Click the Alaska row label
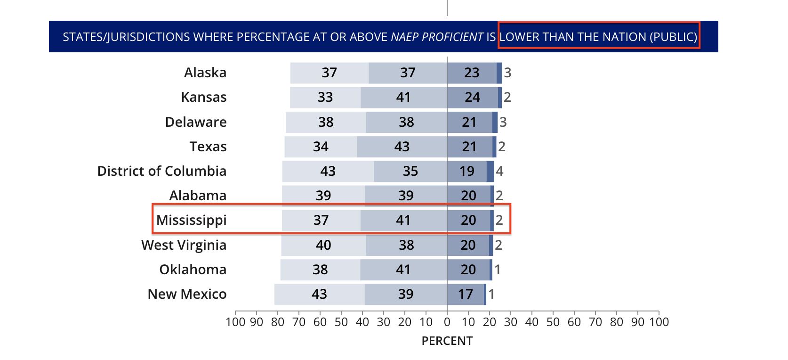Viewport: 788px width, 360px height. click(x=205, y=73)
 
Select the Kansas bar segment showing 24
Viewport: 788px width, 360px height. click(x=472, y=97)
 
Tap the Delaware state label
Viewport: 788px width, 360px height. click(x=196, y=122)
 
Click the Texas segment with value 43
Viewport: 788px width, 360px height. click(x=402, y=147)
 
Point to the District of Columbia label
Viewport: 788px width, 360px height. click(x=161, y=171)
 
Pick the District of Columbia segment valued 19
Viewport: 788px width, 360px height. click(x=466, y=171)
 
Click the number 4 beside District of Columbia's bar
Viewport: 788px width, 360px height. click(x=499, y=171)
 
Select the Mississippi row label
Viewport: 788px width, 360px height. click(x=191, y=220)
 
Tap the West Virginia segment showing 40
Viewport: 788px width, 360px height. click(x=323, y=245)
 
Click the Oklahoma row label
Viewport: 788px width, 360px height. click(x=193, y=270)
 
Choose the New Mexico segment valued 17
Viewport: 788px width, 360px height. click(x=466, y=294)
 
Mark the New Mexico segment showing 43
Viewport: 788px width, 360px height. click(x=319, y=294)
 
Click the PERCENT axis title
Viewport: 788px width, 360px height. click(x=447, y=341)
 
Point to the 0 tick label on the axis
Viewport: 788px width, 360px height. click(x=447, y=322)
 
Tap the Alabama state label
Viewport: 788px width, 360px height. click(x=198, y=196)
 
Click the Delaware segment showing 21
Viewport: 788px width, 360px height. click(x=469, y=122)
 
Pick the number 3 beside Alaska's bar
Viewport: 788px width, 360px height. click(x=507, y=73)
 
